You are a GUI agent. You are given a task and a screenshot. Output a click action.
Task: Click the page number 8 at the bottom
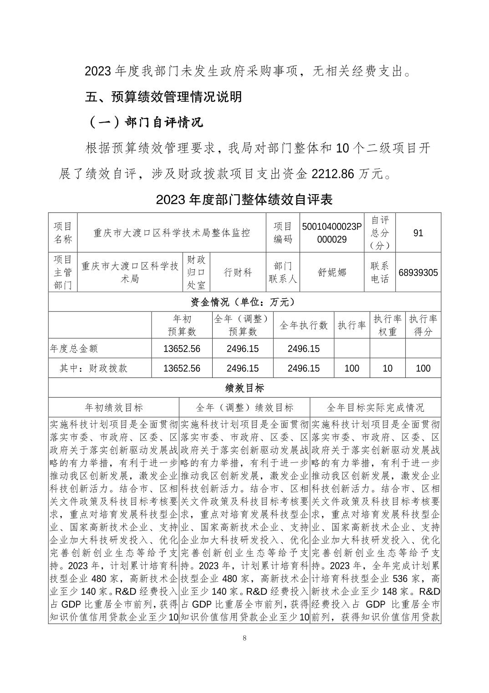tap(244, 638)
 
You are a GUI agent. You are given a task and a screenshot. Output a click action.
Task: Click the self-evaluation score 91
tap(418, 233)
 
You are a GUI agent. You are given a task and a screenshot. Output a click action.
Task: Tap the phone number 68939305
tap(418, 273)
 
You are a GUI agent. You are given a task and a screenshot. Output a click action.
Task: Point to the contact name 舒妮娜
tap(332, 273)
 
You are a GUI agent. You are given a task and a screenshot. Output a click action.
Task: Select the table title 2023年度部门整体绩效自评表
tap(244, 199)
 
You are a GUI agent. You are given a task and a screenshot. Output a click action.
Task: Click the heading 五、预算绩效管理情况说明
tap(163, 97)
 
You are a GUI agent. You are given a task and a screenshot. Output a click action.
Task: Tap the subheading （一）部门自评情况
tap(144, 122)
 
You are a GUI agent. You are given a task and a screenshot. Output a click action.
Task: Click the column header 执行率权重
tap(387, 325)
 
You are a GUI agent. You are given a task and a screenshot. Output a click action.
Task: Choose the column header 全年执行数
tap(304, 325)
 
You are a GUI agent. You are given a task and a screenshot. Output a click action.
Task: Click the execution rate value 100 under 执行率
tap(351, 368)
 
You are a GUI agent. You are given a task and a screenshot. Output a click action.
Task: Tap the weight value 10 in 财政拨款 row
tap(387, 368)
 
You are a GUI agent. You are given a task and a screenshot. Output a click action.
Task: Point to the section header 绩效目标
tap(244, 388)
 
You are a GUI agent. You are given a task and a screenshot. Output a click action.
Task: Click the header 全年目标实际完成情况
tap(375, 407)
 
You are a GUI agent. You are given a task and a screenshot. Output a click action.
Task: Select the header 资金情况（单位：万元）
tap(244, 302)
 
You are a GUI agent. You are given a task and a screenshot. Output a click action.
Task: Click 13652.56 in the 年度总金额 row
tap(182, 349)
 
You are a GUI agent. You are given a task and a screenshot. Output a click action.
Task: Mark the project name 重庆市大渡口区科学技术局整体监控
tap(172, 233)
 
